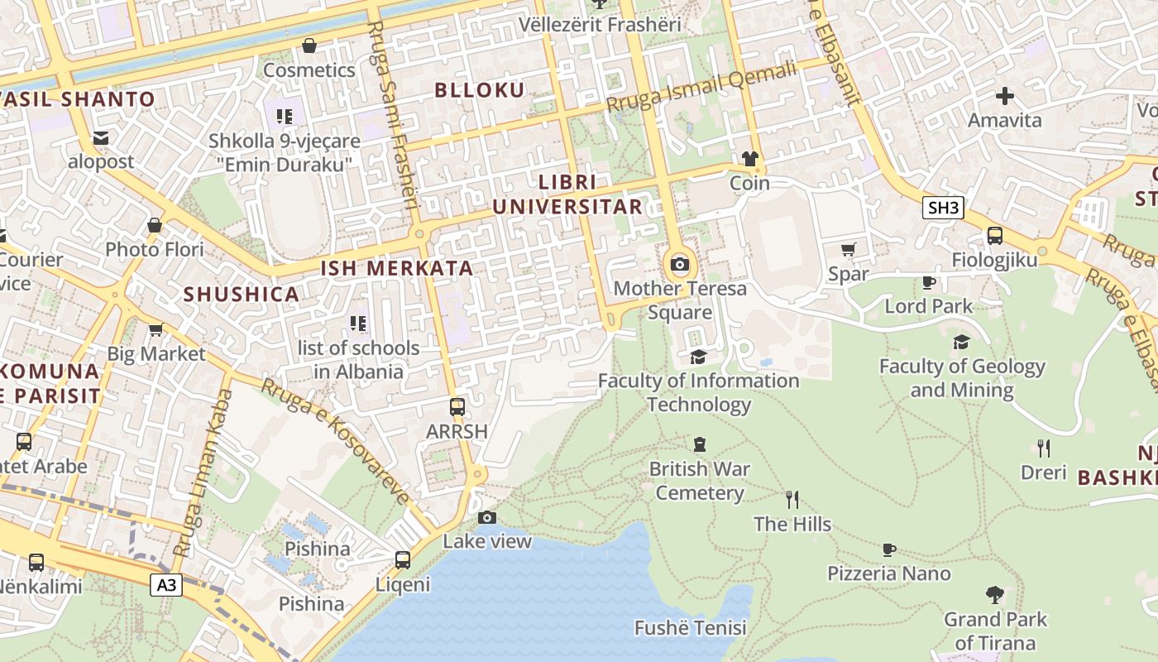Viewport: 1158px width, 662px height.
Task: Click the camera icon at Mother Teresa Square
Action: tap(680, 265)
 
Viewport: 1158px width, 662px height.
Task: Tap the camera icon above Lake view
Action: tap(487, 518)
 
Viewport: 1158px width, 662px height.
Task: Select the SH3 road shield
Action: tap(943, 208)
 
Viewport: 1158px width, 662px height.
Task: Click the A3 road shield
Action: tap(167, 585)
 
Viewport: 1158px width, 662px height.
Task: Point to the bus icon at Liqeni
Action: tap(403, 560)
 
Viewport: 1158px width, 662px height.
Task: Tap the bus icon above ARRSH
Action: tap(457, 407)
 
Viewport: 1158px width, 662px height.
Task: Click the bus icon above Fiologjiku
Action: tap(994, 236)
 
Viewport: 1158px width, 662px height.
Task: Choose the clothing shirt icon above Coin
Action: tap(750, 159)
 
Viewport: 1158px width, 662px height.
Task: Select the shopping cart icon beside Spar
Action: tap(848, 249)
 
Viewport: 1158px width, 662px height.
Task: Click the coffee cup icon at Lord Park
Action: tap(929, 282)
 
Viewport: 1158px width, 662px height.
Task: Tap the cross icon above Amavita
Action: tap(1004, 96)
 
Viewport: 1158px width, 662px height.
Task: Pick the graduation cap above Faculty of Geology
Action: tap(961, 342)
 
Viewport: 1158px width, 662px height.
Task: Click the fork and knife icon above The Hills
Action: tap(792, 499)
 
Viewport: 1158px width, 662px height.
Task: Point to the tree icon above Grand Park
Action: tap(995, 595)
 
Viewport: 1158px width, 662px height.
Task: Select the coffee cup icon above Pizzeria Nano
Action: tap(889, 549)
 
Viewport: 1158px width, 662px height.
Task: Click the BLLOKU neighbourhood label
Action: tap(481, 90)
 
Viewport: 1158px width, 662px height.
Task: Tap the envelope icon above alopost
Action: tap(101, 138)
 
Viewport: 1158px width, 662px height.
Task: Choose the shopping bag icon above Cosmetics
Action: tap(309, 46)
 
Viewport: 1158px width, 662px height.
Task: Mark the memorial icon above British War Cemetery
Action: tap(700, 445)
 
